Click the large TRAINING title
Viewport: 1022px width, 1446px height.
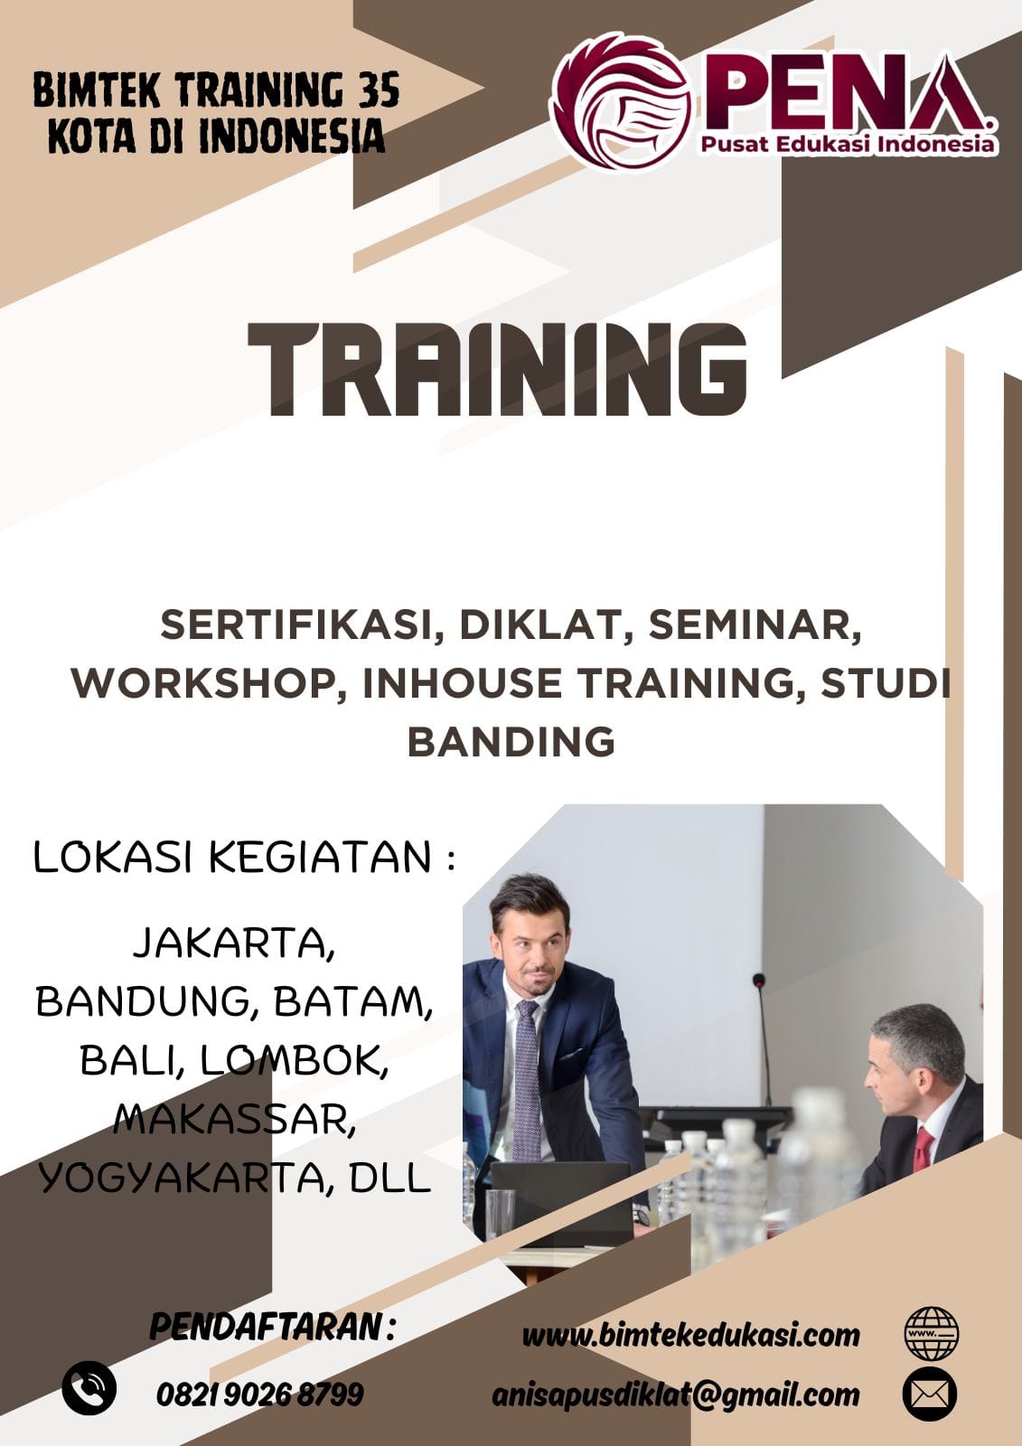click(x=497, y=370)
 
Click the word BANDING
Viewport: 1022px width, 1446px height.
click(x=511, y=742)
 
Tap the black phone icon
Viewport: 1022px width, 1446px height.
click(x=89, y=1388)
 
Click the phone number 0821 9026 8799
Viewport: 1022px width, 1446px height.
click(x=260, y=1394)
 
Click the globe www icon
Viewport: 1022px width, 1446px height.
click(x=931, y=1334)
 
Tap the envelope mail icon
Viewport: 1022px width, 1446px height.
click(x=930, y=1394)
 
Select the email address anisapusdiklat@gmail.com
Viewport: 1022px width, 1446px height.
click(x=676, y=1395)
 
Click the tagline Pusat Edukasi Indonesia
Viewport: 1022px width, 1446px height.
click(x=848, y=144)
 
